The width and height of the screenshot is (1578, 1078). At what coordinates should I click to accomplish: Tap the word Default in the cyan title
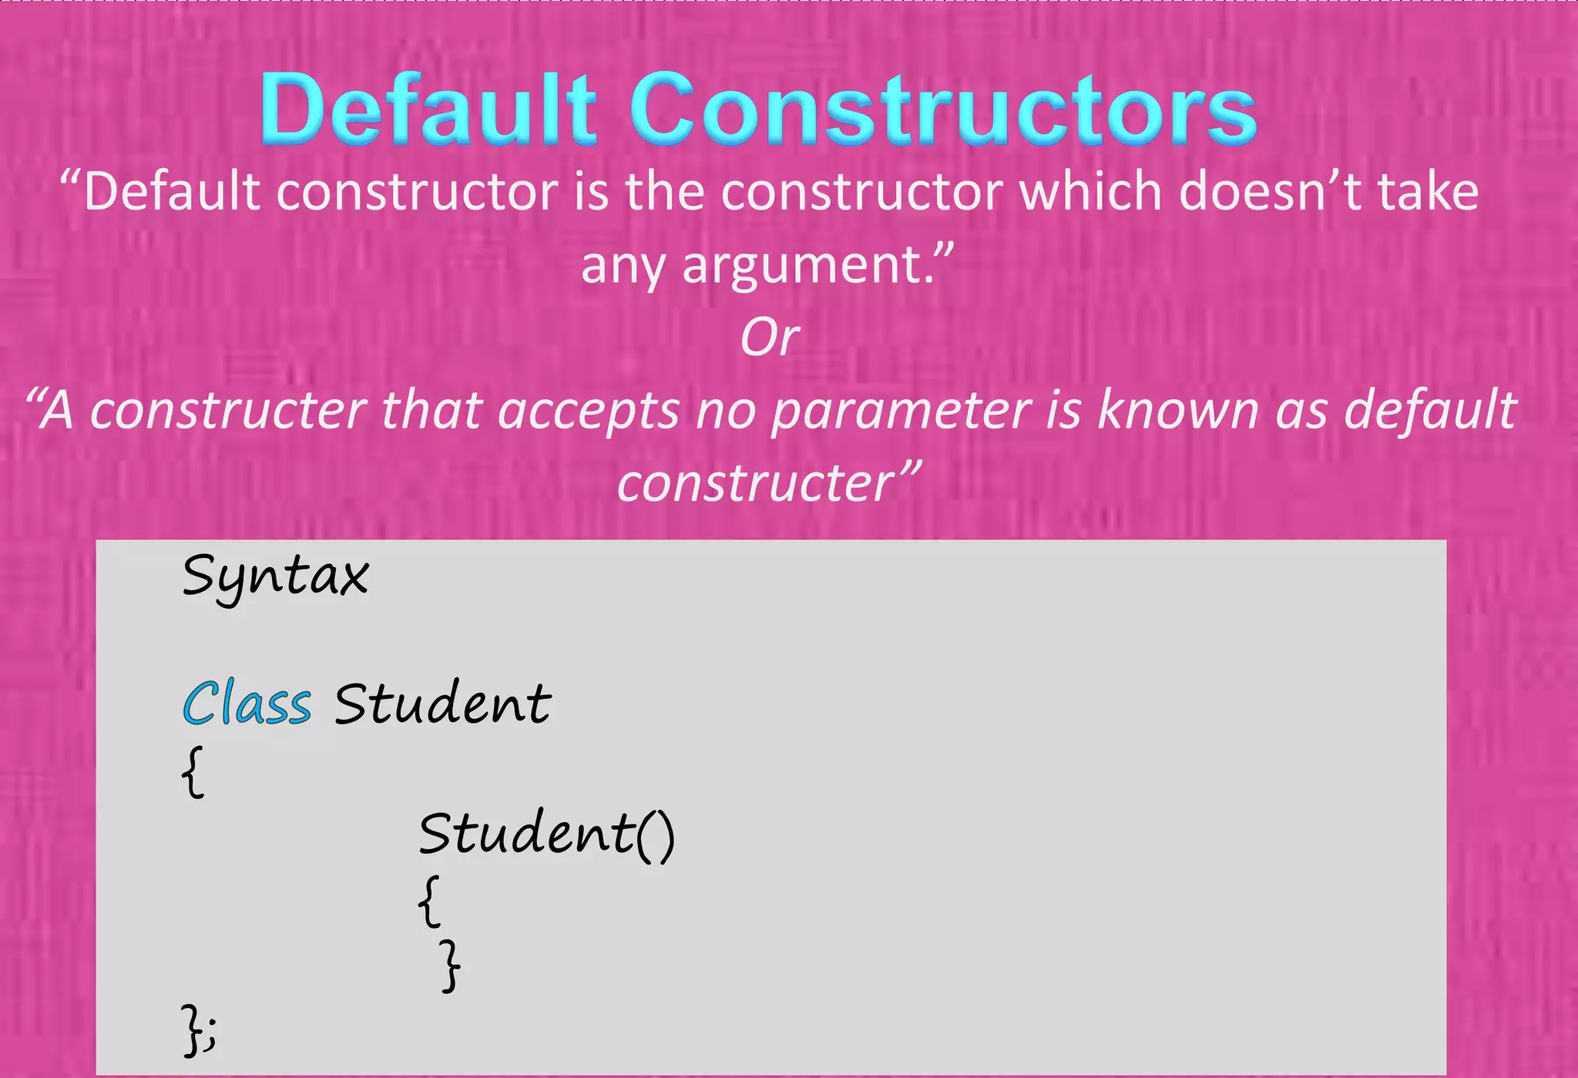428,110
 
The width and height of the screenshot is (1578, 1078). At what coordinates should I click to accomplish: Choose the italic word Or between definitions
769,338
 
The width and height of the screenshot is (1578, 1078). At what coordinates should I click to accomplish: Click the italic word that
431,411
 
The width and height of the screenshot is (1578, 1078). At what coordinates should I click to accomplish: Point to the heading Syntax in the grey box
276,577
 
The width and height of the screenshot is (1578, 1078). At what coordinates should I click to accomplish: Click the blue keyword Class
247,704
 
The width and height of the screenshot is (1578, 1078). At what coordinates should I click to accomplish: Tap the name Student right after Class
442,704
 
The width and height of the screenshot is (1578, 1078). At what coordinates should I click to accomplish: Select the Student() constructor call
546,835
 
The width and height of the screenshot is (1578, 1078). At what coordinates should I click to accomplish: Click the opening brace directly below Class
193,771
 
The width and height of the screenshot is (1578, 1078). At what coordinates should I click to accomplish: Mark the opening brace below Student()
430,900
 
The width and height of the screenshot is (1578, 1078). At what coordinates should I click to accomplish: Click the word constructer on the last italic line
755,484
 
